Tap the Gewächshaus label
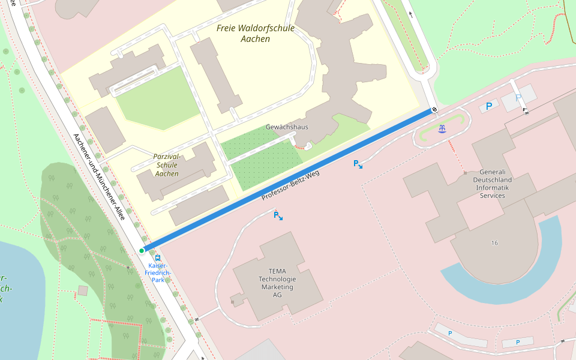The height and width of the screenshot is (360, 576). [287, 127]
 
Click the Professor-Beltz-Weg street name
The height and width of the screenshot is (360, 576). [290, 186]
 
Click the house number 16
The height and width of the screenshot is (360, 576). [494, 243]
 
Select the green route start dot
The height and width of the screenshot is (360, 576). [142, 250]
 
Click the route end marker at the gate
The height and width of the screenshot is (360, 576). [433, 110]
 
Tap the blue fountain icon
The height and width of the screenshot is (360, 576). [442, 128]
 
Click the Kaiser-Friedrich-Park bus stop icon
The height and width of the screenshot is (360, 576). [158, 257]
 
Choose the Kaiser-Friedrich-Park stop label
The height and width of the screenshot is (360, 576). [157, 272]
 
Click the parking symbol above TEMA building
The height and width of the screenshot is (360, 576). [277, 215]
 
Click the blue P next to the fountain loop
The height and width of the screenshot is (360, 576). [489, 106]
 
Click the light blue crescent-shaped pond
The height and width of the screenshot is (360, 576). [510, 276]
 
